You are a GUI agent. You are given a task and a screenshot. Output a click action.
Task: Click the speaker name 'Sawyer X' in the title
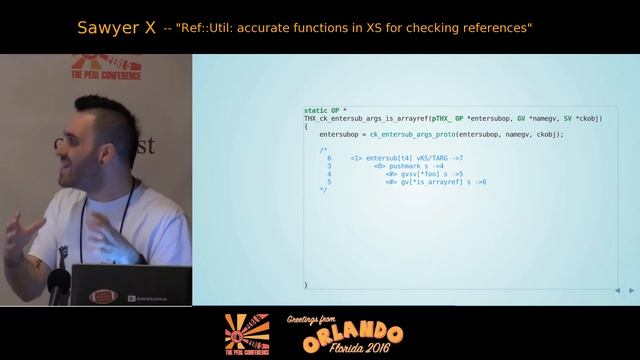(x=115, y=28)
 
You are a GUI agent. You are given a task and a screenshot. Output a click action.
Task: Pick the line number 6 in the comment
(x=329, y=158)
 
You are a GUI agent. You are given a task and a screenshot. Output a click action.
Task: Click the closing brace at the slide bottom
(x=306, y=285)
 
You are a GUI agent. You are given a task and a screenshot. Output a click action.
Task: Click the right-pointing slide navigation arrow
(x=631, y=290)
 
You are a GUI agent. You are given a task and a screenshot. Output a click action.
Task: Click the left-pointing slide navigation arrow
(x=618, y=290)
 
